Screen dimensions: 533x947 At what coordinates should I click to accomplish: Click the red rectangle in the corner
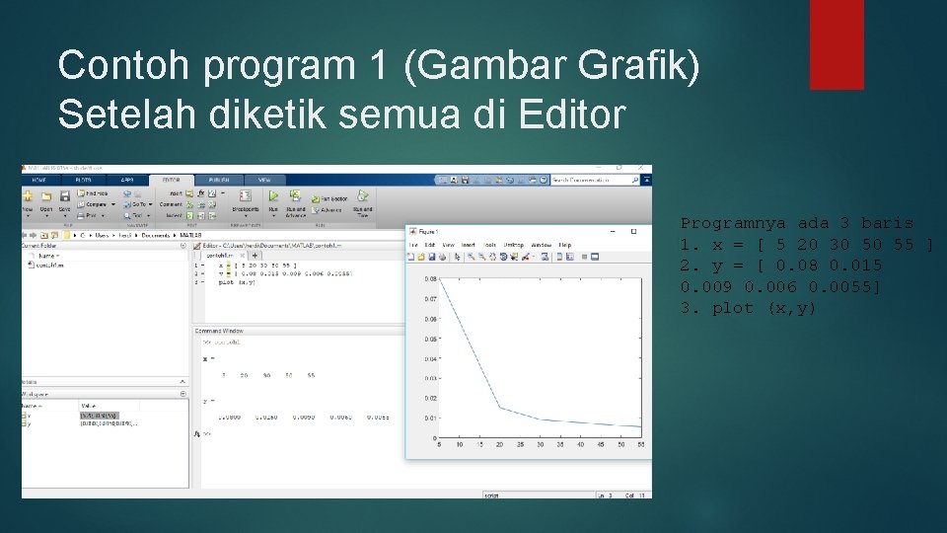click(x=837, y=44)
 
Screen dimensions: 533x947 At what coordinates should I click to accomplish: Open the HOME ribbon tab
click(x=39, y=180)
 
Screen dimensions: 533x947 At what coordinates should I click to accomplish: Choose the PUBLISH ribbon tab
click(x=218, y=180)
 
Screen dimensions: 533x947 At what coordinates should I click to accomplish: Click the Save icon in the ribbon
click(x=64, y=201)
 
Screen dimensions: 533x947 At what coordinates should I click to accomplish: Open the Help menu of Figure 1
click(x=565, y=245)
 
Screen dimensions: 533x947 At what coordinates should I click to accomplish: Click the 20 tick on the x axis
click(x=499, y=445)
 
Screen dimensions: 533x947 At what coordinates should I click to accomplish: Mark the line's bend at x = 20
click(x=499, y=407)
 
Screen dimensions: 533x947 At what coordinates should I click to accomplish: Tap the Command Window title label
click(x=219, y=331)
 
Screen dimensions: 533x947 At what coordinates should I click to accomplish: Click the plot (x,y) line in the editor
click(x=238, y=282)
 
